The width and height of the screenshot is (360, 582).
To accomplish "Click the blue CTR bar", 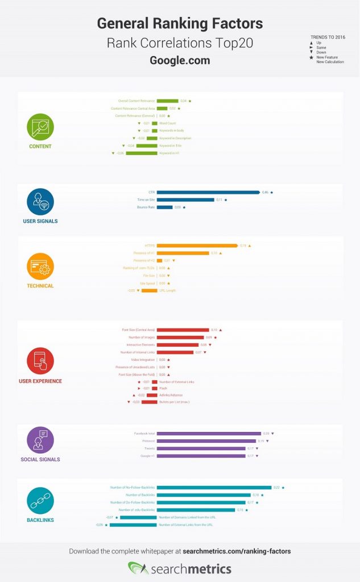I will tap(208, 192).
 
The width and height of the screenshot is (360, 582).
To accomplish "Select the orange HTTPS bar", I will tap(197, 246).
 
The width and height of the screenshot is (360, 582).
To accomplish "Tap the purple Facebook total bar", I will tap(209, 434).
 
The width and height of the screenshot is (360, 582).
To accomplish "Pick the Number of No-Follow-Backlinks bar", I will tap(214, 487).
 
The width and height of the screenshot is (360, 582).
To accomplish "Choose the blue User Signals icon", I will tap(40, 201).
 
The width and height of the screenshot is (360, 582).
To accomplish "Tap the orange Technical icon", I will tap(40, 266).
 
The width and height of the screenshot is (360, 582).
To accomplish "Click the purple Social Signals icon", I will tap(40, 439).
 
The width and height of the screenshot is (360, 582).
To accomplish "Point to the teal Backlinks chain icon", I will tap(40, 501).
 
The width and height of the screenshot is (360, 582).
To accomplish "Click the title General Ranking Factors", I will tap(180, 23).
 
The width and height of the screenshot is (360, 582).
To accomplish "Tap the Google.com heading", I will tap(180, 60).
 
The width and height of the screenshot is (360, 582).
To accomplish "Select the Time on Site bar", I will tap(185, 199).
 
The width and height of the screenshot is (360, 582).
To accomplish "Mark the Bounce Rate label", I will tap(146, 207).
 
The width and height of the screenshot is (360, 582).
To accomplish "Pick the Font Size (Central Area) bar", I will tap(183, 330).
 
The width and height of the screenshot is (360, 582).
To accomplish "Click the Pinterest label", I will tap(148, 441).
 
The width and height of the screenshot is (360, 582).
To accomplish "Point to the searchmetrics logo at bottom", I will tap(180, 568).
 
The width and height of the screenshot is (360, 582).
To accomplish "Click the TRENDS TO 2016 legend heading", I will tap(327, 37).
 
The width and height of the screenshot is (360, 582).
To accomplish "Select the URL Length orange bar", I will tap(150, 290).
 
